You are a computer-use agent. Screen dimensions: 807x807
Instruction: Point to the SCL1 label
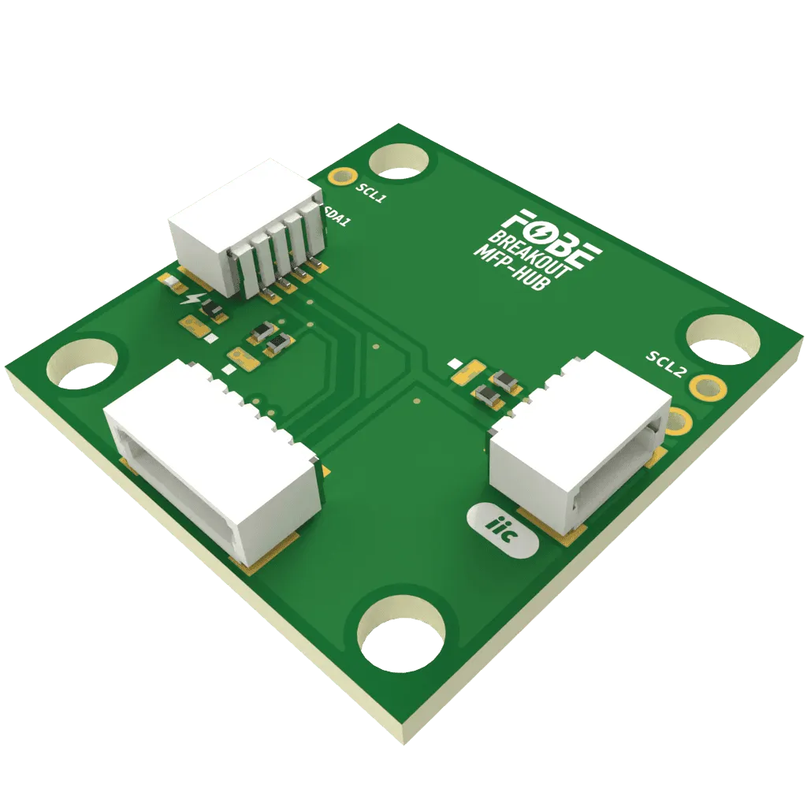(371, 194)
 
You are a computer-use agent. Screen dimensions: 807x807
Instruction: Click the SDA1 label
(339, 216)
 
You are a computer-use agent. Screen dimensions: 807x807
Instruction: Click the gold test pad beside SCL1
(342, 177)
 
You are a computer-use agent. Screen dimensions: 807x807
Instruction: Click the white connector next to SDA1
(236, 229)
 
